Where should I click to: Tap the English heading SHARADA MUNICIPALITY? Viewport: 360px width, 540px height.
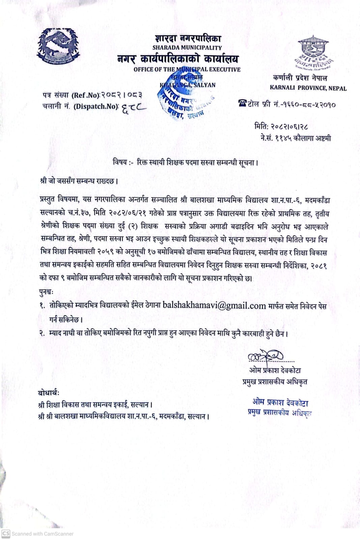click(187, 48)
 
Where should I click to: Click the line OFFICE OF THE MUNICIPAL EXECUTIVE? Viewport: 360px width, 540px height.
click(187, 70)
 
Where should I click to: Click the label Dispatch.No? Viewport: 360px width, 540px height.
click(96, 106)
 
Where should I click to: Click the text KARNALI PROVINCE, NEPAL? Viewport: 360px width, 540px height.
click(308, 88)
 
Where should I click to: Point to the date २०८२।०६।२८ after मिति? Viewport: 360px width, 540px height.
click(288, 127)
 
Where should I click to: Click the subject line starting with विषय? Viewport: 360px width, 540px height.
click(185, 162)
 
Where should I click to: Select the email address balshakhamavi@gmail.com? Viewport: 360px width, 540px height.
click(214, 306)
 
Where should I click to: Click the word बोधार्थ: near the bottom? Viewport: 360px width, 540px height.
click(49, 393)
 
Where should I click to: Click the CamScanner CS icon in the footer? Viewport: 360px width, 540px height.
click(6, 534)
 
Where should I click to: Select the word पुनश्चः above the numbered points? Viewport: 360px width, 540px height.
click(47, 292)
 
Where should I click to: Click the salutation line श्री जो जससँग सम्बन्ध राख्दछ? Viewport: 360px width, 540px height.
click(79, 181)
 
